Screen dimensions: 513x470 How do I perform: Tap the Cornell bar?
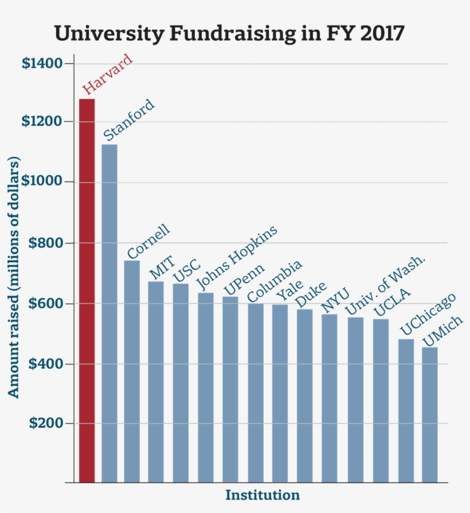(132, 372)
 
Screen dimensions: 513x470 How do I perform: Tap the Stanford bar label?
(130, 120)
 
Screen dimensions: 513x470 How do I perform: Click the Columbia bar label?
(275, 282)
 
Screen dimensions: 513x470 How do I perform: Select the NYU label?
(335, 302)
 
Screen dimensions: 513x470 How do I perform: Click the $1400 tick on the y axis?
(42, 63)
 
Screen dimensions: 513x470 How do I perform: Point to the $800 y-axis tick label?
(45, 243)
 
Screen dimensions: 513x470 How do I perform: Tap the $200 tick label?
(45, 424)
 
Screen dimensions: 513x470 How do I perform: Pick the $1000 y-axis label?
(42, 182)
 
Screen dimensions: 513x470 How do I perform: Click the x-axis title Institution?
(263, 495)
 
